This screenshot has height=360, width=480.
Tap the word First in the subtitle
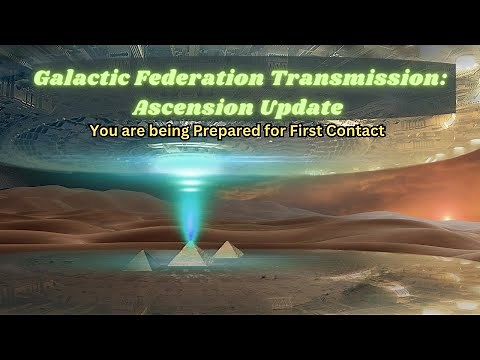tap(319, 130)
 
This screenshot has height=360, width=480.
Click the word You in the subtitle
tap(103, 130)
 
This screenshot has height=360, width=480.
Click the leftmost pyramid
tap(141, 260)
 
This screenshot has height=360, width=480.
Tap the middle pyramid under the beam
tap(188, 254)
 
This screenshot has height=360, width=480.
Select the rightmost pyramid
tap(227, 249)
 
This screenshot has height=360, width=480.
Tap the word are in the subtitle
tap(136, 131)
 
